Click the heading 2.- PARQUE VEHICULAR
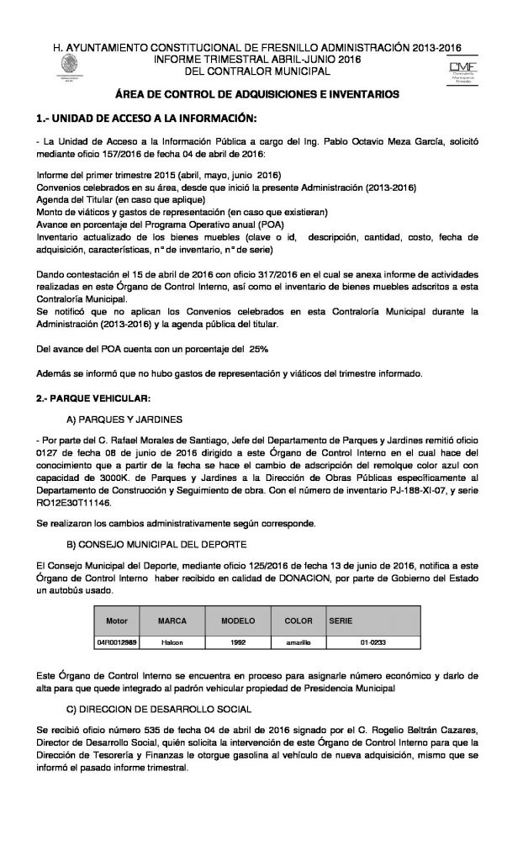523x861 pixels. tap(95, 396)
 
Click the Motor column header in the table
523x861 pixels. tap(117, 620)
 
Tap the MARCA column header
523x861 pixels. tap(172, 620)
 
